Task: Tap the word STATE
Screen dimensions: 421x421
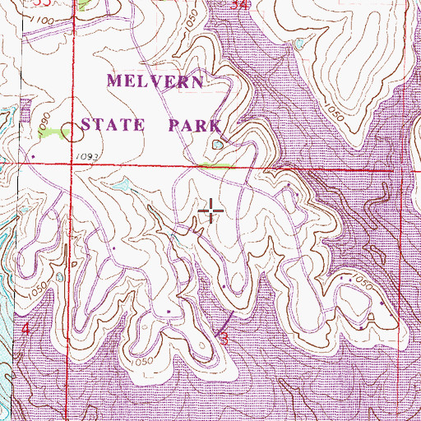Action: (113, 126)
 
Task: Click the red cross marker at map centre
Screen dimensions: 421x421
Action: (211, 212)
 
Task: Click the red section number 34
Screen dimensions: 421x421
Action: (239, 5)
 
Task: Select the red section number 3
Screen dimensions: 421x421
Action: (222, 336)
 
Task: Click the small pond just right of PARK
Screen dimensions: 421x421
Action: (216, 146)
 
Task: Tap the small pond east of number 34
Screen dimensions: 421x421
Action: (303, 42)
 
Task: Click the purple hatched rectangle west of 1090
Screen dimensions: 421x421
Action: (23, 111)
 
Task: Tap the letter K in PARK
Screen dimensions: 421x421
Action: (215, 126)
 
